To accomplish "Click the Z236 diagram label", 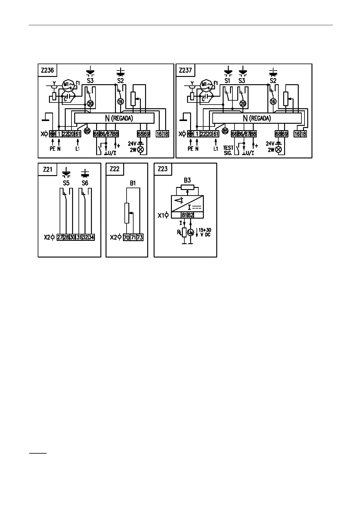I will click(47, 70).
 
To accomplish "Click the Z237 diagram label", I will click(185, 70).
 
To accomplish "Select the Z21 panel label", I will click(47, 169).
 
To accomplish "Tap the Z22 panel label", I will click(115, 169).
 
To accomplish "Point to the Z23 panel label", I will click(163, 169).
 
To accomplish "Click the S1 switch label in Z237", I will click(228, 81).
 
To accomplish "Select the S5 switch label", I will click(66, 183).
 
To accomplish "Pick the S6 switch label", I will click(85, 183).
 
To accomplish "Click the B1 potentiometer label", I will click(133, 183).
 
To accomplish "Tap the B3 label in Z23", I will click(187, 180).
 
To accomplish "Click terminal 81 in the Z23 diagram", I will click(184, 215).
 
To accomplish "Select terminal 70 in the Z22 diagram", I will click(127, 237).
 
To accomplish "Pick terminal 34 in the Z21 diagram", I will click(91, 237).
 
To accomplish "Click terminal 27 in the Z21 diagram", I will click(60, 237).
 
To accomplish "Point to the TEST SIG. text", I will click(228, 150).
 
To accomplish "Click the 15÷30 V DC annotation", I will click(204, 233).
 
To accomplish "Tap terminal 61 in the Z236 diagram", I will click(78, 134).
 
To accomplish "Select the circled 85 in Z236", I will click(87, 131).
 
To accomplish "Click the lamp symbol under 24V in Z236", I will click(141, 150).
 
